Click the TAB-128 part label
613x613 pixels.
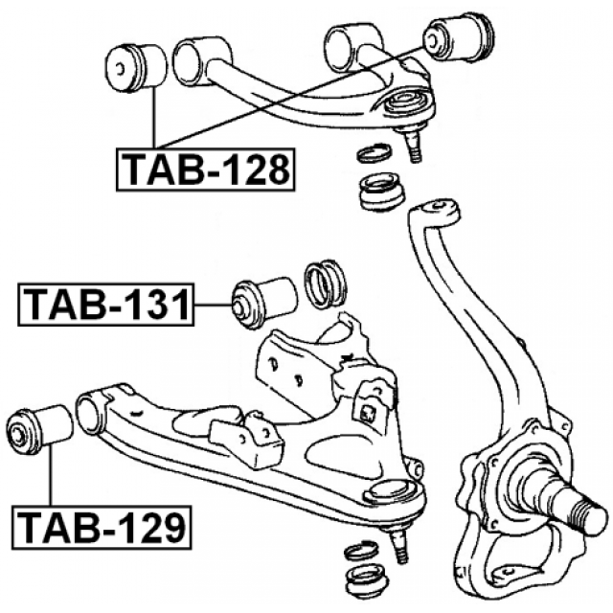205,170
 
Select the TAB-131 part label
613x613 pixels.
104,306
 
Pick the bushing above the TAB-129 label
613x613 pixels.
39,429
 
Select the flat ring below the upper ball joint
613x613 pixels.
373,153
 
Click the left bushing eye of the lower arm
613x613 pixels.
92,414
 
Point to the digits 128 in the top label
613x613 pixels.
252,170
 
